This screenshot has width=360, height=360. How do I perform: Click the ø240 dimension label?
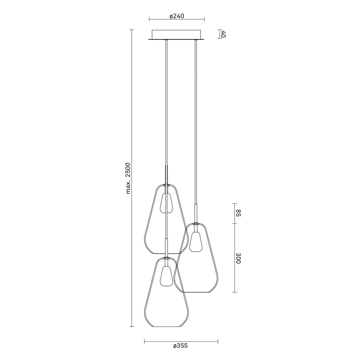pos(177,16)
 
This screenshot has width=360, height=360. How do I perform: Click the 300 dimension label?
pos(238,258)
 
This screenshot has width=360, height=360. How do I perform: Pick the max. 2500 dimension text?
pos(128,178)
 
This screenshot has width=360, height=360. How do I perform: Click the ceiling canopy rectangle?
pos(177,34)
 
